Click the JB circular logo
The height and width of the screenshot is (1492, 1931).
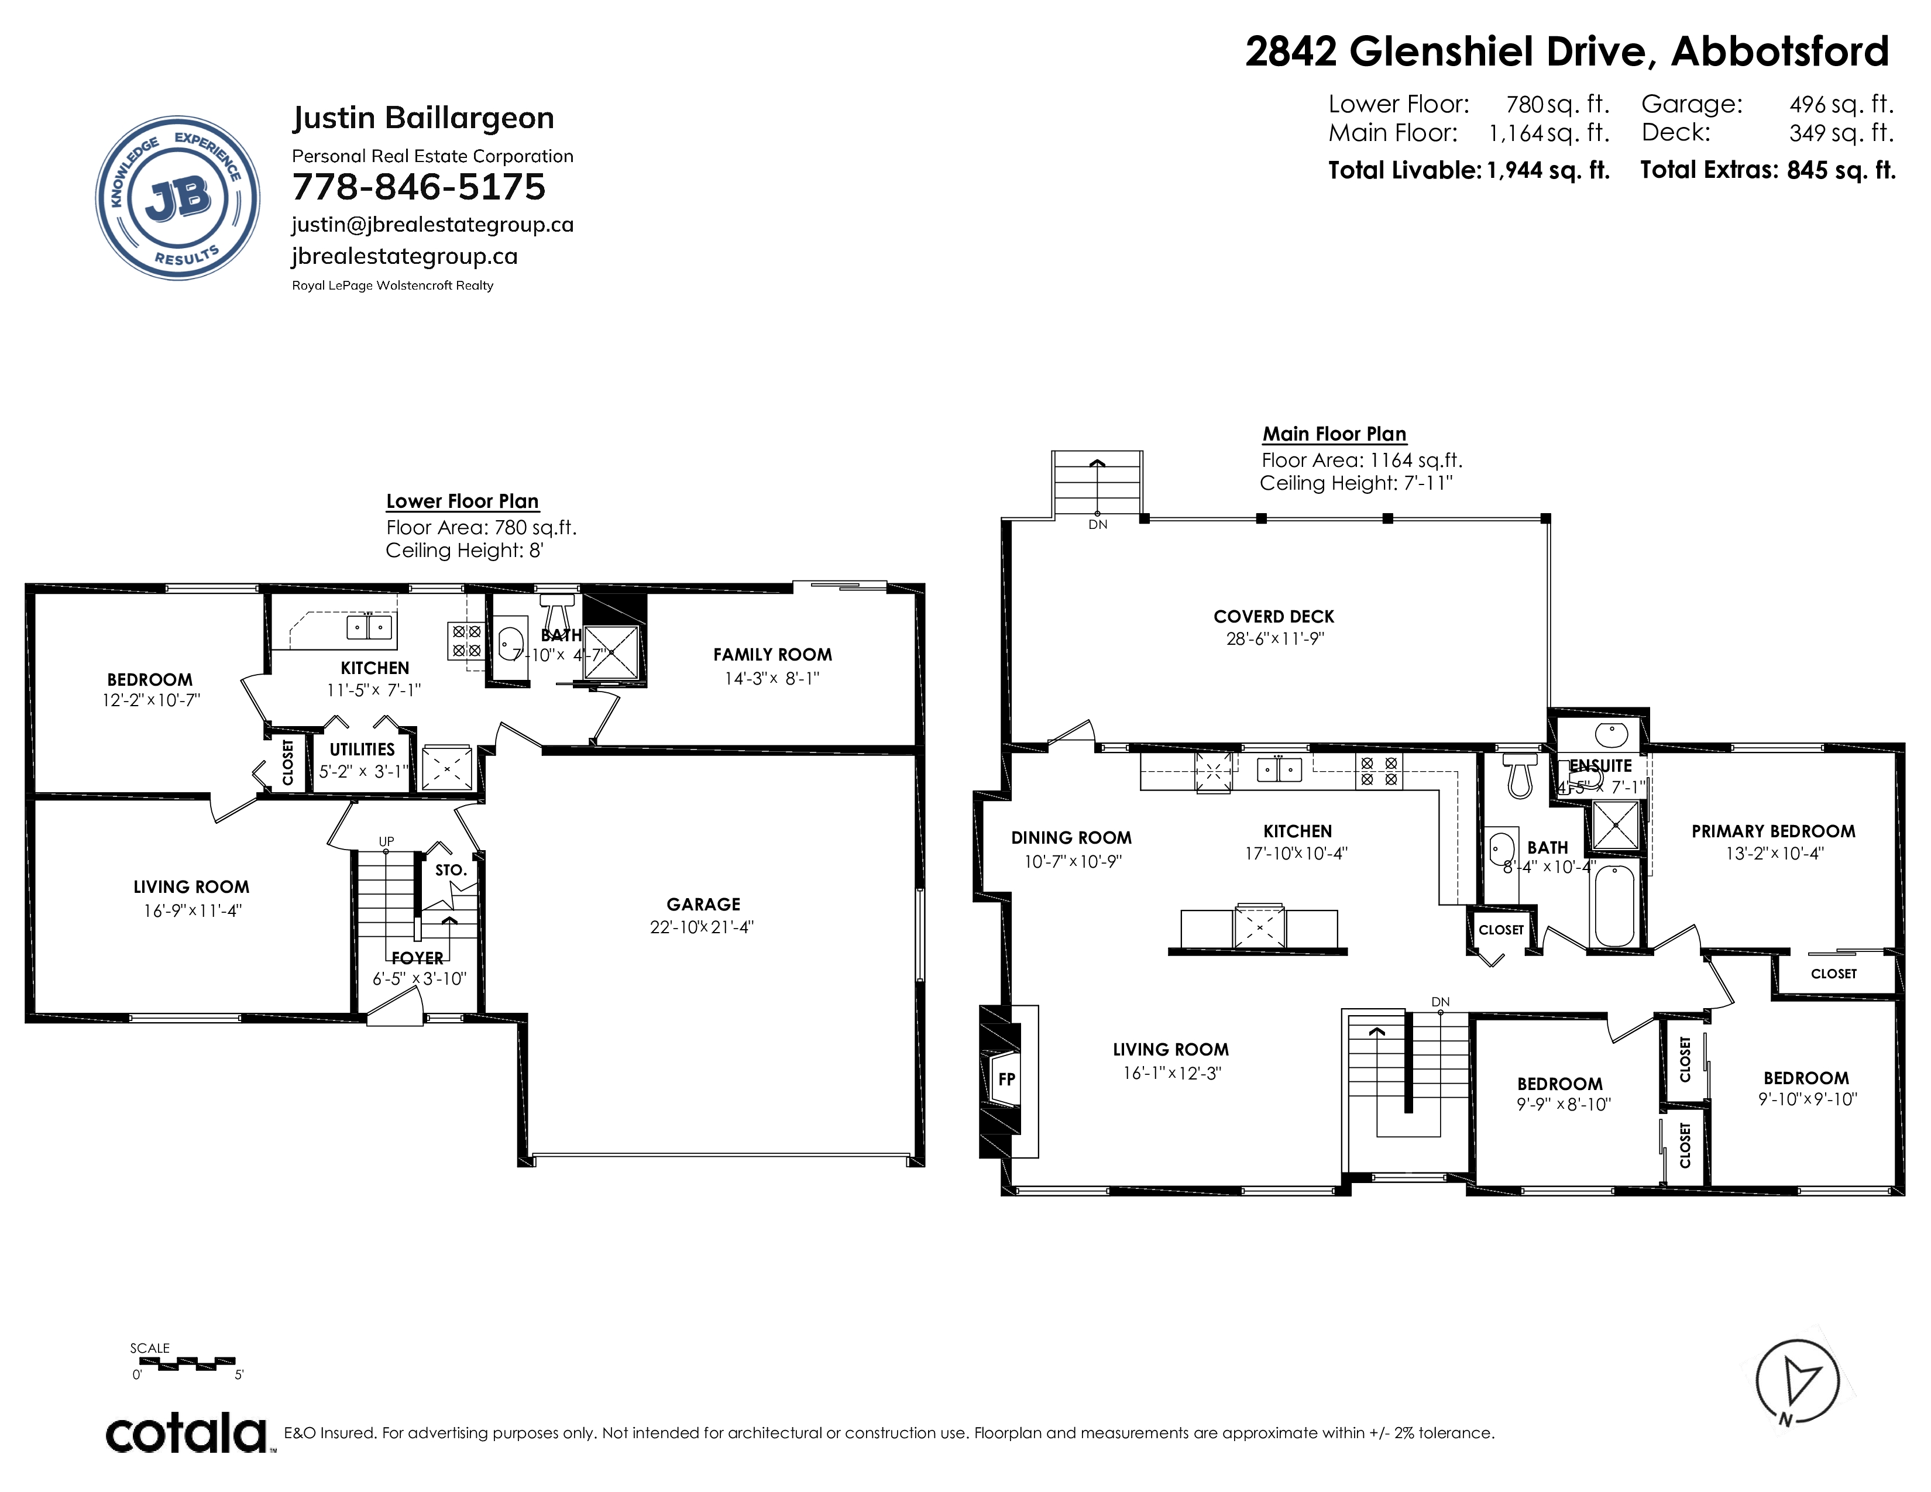tap(178, 198)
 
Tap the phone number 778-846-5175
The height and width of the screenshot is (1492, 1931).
tap(419, 187)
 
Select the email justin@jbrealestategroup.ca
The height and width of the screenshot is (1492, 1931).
tap(433, 225)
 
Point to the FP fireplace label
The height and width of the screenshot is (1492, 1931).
tap(1006, 1080)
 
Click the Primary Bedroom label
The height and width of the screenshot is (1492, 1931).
tap(1774, 832)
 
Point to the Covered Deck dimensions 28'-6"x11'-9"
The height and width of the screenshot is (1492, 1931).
tap(1274, 639)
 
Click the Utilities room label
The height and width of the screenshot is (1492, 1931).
tap(363, 750)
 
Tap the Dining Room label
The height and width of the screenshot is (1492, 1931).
tap(1071, 838)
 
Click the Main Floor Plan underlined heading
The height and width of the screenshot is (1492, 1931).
tap(1334, 434)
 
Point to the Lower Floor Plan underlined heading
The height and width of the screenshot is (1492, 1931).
tap(462, 501)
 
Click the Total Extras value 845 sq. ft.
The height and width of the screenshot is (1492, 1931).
tap(1841, 170)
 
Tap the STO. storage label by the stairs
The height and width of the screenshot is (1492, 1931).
tap(451, 871)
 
